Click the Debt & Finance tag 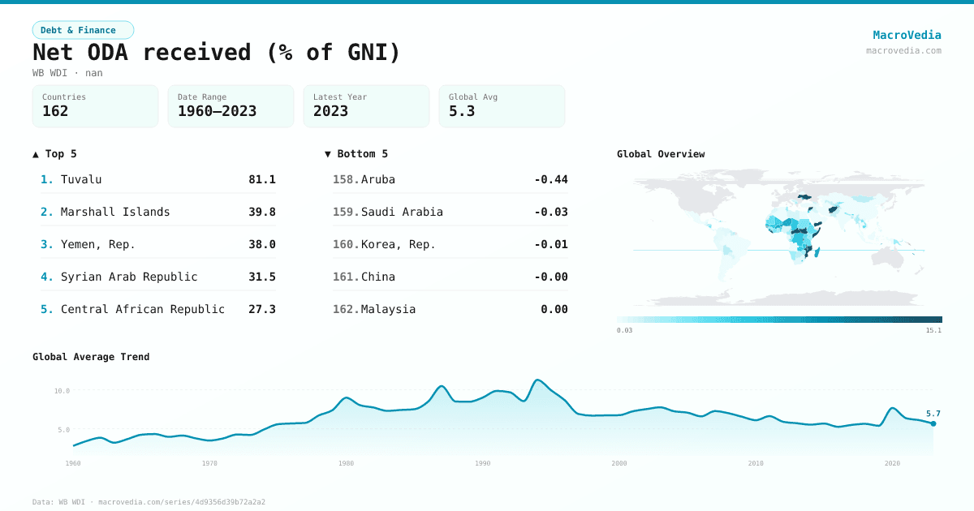click(83, 30)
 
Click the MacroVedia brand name click(907, 35)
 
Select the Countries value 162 click(55, 111)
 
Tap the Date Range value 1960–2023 click(217, 111)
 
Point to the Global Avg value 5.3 click(462, 111)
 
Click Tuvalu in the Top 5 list click(81, 179)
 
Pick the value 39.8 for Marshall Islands click(261, 212)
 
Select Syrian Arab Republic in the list click(129, 277)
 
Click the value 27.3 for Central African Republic click(261, 309)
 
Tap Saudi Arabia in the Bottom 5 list click(402, 212)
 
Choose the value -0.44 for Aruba click(550, 179)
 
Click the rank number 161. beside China click(345, 277)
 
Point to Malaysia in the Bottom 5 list click(388, 309)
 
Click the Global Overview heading click(661, 154)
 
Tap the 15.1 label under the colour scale click(933, 330)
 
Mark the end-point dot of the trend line click(933, 423)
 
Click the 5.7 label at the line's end click(933, 414)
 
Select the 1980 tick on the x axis click(347, 463)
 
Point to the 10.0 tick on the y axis click(62, 391)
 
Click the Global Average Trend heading click(91, 357)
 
